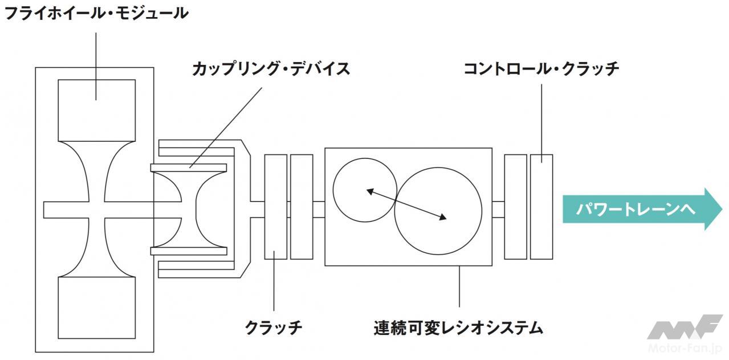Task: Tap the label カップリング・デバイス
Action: pyautogui.click(x=270, y=69)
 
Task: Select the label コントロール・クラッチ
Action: pyautogui.click(x=540, y=69)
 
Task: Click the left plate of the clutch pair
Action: pyautogui.click(x=276, y=207)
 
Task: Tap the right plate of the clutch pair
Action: pyautogui.click(x=302, y=207)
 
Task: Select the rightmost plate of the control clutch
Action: pyautogui.click(x=541, y=207)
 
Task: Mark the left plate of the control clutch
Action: pyautogui.click(x=515, y=207)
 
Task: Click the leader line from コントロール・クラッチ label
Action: pyautogui.click(x=540, y=117)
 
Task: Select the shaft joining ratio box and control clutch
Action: pyautogui.click(x=499, y=209)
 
